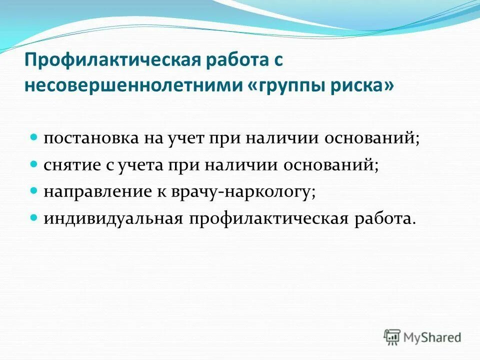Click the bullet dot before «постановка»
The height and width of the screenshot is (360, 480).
coord(35,136)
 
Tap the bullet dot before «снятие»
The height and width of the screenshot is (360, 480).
coord(35,163)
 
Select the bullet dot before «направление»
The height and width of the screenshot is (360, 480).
coord(35,191)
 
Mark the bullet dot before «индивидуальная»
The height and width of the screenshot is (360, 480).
coord(35,218)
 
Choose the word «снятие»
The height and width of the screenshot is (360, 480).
coord(71,164)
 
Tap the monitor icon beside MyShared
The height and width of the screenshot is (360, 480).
coord(392,336)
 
